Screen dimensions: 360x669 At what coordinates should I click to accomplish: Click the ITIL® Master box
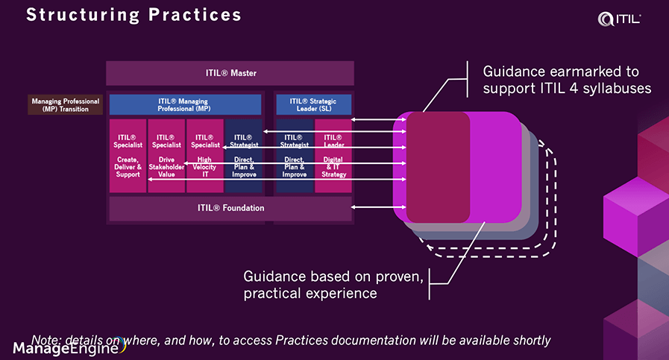[230, 73]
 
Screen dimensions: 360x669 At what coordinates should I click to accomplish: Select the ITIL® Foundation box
[230, 208]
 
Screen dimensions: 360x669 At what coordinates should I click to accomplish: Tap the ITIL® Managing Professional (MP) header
[185, 104]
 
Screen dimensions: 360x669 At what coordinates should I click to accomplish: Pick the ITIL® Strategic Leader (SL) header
[312, 104]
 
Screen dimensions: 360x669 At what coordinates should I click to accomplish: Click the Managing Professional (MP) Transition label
[66, 104]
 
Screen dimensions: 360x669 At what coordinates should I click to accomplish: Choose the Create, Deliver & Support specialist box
[128, 155]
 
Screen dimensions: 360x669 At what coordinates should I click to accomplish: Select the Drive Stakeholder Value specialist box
[166, 155]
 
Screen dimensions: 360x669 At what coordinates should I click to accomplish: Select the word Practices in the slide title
[198, 15]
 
